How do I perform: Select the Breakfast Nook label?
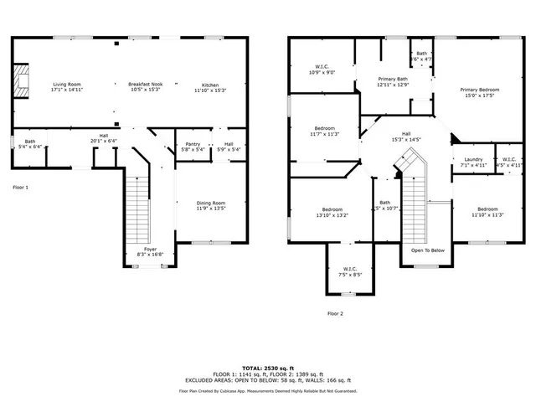[144, 85]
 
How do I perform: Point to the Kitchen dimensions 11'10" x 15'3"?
[209, 90]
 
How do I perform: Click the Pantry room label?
[193, 144]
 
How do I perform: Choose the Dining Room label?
[210, 203]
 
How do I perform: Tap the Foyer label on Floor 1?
[150, 249]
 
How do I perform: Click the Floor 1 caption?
[20, 187]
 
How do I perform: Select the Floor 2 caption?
[335, 313]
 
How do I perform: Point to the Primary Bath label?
[393, 79]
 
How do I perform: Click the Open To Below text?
[427, 250]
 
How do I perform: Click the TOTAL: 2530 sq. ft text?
[268, 368]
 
